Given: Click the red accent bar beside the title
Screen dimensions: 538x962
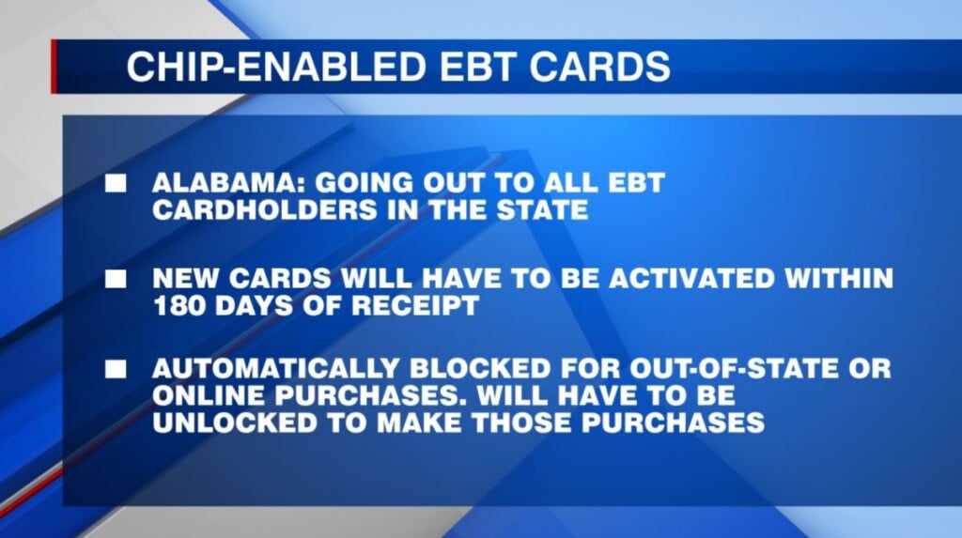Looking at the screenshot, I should click(x=54, y=67).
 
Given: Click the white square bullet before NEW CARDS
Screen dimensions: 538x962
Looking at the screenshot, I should click(x=116, y=278).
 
